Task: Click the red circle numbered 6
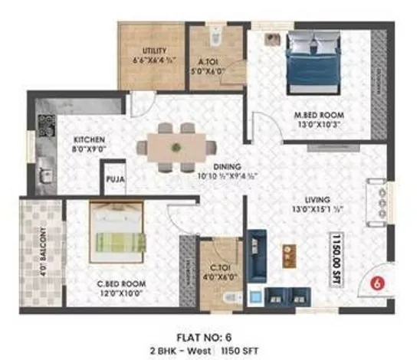point(376,283)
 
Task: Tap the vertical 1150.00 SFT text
point(335,261)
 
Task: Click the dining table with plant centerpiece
point(176,147)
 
